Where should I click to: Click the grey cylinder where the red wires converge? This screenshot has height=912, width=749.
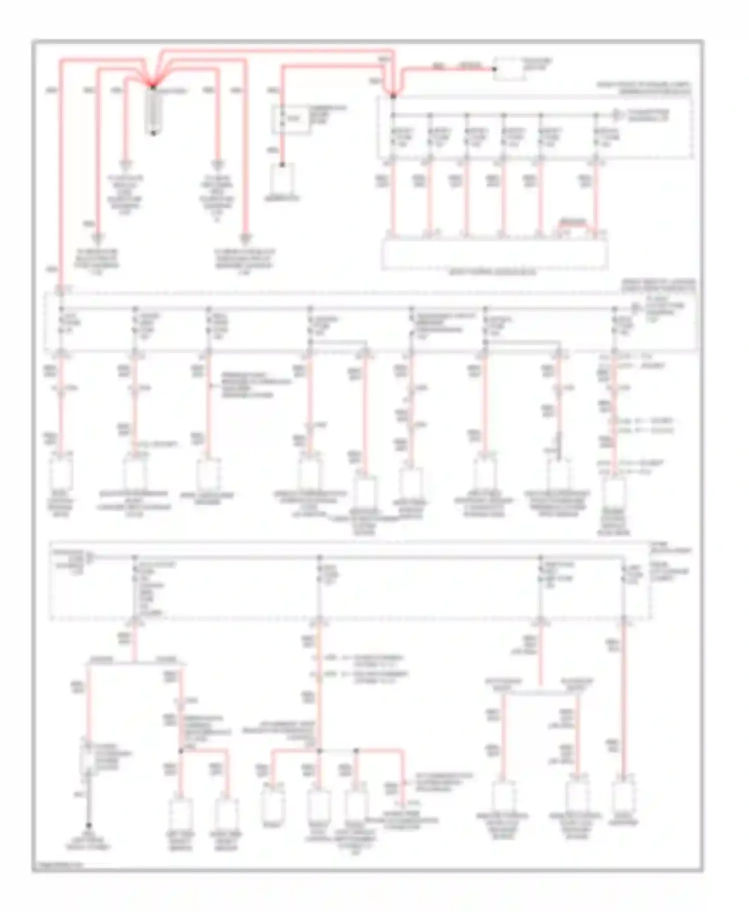pyautogui.click(x=153, y=110)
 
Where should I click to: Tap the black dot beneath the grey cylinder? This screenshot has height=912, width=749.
pyautogui.click(x=153, y=133)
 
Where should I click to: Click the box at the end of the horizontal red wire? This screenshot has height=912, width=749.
pyautogui.click(x=508, y=69)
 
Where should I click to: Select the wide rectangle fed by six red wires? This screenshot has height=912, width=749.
pyautogui.click(x=494, y=253)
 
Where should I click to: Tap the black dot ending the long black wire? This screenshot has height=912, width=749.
pyautogui.click(x=88, y=826)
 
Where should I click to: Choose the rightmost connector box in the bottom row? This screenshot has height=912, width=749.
pyautogui.click(x=624, y=797)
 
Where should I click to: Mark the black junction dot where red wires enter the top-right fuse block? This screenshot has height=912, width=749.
pyautogui.click(x=393, y=95)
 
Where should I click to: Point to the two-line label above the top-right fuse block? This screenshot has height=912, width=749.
pyautogui.click(x=644, y=88)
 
